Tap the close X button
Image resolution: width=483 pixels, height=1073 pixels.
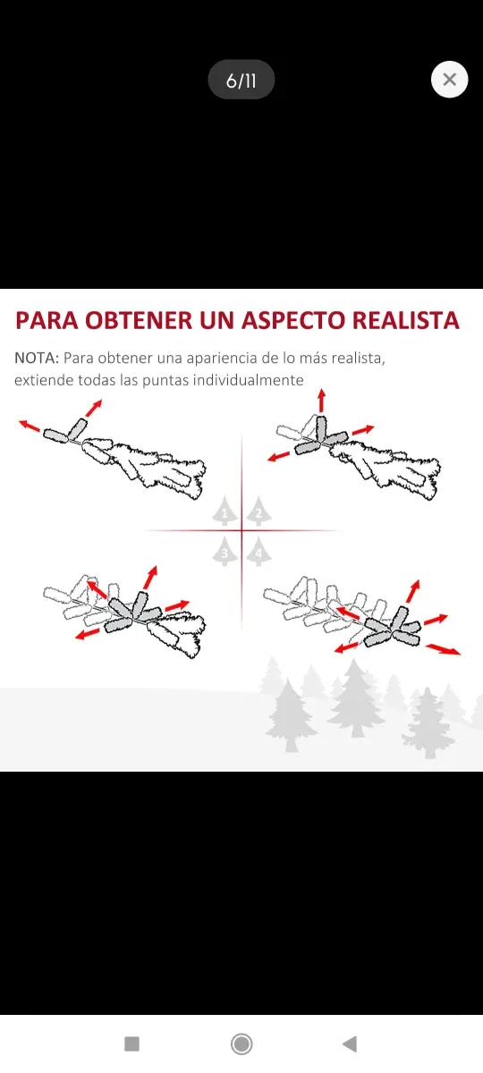tap(449, 80)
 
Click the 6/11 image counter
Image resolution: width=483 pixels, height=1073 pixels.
tap(241, 80)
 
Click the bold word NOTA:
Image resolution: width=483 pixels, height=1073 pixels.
tap(37, 358)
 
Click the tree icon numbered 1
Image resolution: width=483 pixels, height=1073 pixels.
tap(225, 511)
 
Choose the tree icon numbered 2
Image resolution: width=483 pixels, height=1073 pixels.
tap(258, 511)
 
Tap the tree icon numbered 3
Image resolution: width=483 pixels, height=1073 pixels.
tap(225, 552)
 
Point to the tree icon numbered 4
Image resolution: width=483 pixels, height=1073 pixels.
tap(258, 552)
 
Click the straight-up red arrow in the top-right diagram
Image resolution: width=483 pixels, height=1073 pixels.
tap(321, 401)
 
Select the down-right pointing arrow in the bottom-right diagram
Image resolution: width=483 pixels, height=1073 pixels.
tap(444, 648)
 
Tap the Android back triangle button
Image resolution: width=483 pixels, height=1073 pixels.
tap(350, 1043)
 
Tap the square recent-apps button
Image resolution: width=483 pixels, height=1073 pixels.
tap(132, 1043)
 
